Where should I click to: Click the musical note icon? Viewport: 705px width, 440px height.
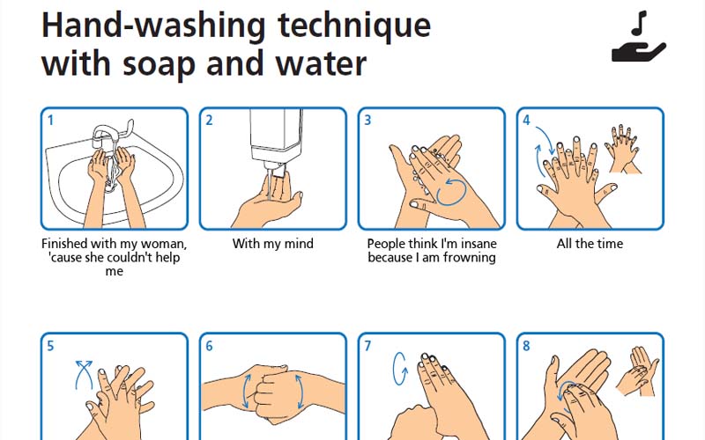point(639,24)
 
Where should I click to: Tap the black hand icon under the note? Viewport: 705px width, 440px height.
point(638,52)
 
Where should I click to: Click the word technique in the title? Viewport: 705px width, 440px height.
point(354,26)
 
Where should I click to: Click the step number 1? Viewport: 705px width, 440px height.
point(50,121)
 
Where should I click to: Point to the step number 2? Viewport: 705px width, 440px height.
point(209,121)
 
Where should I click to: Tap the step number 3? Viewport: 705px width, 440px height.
point(367,121)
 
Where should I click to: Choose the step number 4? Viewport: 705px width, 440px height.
point(526,121)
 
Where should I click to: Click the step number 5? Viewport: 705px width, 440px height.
point(50,346)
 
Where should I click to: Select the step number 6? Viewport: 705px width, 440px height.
point(209,346)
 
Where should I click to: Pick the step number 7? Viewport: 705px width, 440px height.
point(367,346)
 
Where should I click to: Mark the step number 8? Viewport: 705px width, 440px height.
point(526,346)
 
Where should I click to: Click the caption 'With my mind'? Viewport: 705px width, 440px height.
point(273,244)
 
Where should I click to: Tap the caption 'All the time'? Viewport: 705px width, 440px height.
point(590,244)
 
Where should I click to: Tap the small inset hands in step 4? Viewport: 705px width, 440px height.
point(623,149)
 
